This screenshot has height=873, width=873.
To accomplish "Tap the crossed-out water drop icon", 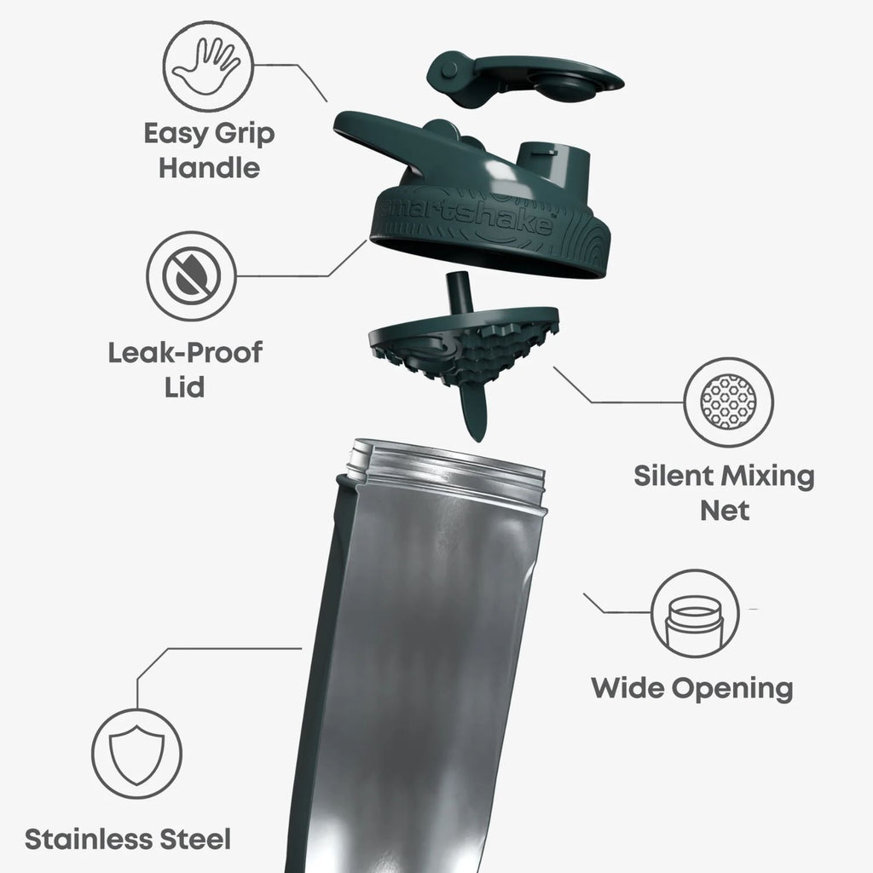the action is pos(191,275).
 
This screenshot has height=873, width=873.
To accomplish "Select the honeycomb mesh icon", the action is pos(728,402).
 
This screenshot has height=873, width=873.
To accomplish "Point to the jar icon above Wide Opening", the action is pos(695,614).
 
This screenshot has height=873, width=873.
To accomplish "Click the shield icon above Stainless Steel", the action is pos(136,754).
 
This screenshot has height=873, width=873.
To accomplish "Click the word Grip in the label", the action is pos(245,135).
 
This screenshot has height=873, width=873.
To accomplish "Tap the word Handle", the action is pos(210,168).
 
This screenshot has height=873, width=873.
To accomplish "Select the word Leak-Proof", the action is pos(185,353).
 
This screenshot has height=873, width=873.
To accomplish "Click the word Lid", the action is pos(184,387).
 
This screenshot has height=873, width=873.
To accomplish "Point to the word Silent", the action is pos(674,476).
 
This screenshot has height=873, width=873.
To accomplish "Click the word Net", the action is pos(725,511).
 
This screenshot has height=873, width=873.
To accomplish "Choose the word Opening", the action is pos(732,689).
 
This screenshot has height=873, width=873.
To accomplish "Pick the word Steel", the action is pos(195,839).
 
